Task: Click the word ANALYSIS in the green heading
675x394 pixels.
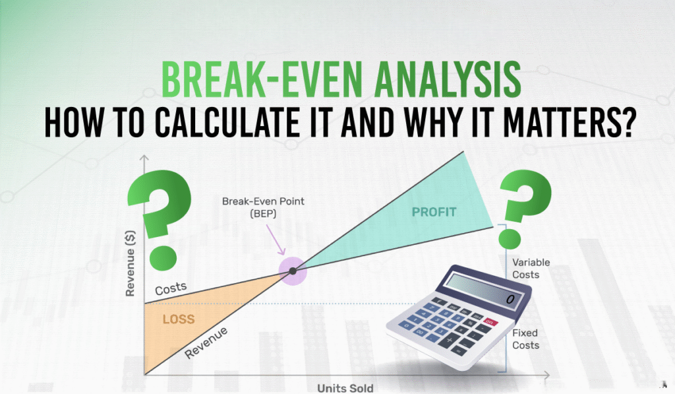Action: click(448, 80)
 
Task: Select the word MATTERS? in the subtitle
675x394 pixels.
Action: click(570, 123)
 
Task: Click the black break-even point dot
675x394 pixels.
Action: click(293, 271)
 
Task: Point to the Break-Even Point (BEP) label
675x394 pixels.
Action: click(263, 207)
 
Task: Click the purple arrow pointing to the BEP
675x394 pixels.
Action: click(276, 240)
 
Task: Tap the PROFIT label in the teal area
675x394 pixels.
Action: click(434, 212)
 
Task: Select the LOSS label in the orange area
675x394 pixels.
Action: click(179, 319)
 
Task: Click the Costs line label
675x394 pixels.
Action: click(171, 288)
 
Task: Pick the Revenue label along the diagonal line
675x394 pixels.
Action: click(206, 343)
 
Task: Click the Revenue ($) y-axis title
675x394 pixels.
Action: click(130, 263)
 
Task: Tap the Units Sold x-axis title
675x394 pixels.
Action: click(345, 388)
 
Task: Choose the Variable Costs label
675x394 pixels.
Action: click(531, 268)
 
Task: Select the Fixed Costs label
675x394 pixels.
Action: click(525, 339)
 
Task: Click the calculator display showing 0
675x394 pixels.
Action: click(483, 290)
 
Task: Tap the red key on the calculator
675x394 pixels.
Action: click(490, 321)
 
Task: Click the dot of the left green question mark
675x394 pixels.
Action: click(163, 258)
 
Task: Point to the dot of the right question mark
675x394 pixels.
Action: click(510, 240)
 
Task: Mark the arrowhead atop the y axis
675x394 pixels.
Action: click(144, 158)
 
